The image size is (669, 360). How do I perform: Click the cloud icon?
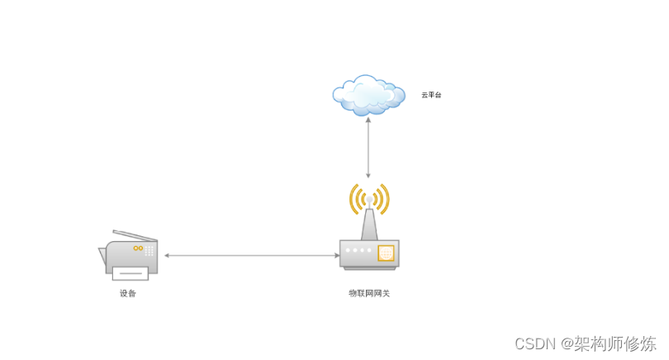(368, 94)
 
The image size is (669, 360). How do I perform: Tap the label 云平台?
(431, 95)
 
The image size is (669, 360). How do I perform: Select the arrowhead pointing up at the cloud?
(368, 120)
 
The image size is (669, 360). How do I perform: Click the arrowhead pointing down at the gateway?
(368, 175)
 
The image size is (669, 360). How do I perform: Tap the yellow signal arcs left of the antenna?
(356, 199)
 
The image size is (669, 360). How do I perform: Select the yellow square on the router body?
(386, 253)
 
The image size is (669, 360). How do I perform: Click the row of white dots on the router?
(358, 250)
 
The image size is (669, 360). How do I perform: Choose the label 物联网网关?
(368, 292)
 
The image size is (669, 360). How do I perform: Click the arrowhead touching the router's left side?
(336, 255)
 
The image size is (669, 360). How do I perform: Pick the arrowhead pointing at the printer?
(167, 255)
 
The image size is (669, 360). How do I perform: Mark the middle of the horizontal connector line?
(251, 255)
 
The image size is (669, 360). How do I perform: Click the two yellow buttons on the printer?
(138, 248)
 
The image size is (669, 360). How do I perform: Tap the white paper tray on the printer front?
(130, 272)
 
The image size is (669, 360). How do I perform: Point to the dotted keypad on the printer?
(150, 250)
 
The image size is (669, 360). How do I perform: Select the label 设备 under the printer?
(127, 293)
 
